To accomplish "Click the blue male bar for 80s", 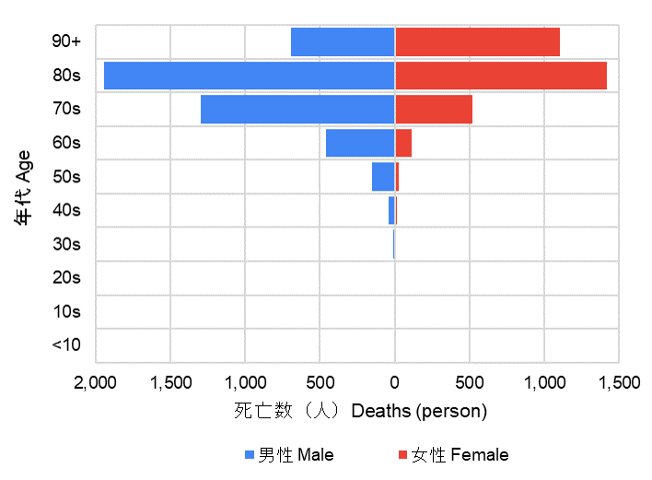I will click(x=249, y=76).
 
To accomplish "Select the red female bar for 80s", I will click(x=500, y=76).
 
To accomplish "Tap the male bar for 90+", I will click(x=343, y=42).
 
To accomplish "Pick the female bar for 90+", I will click(x=477, y=42).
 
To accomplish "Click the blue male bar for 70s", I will click(x=297, y=110).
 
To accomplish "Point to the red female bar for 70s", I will click(x=433, y=110).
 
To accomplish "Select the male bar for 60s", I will click(x=360, y=143).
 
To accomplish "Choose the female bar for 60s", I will click(x=403, y=143).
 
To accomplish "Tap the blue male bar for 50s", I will click(x=383, y=177).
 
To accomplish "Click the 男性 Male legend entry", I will click(x=289, y=454).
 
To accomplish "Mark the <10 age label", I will click(x=66, y=345).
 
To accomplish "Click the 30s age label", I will click(x=66, y=244).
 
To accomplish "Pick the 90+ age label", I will click(x=66, y=41).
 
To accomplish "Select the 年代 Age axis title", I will click(x=24, y=188).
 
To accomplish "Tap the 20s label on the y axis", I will click(x=66, y=277).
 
